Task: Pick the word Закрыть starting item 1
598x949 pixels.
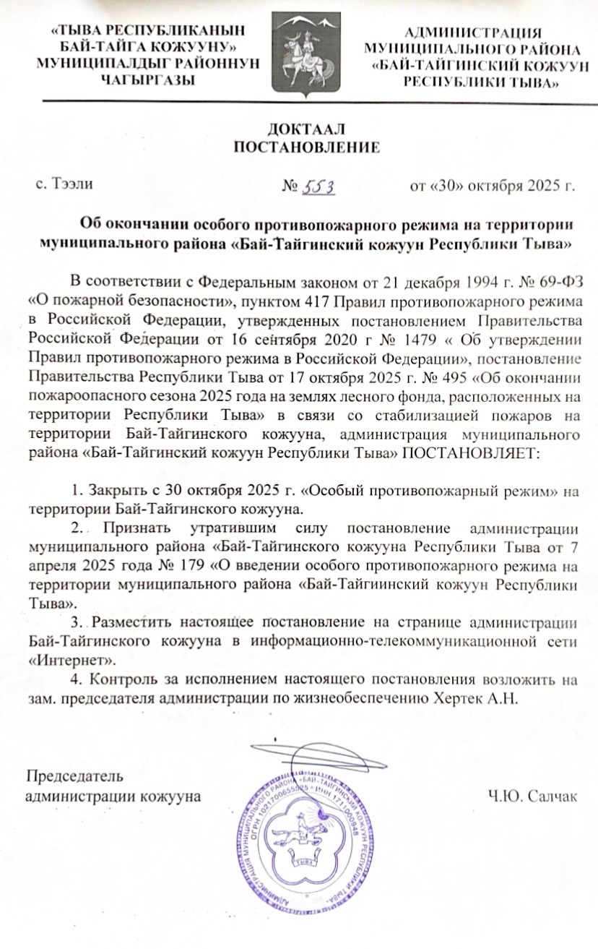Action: (x=113, y=491)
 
